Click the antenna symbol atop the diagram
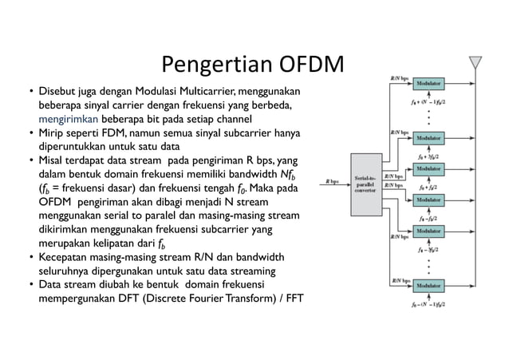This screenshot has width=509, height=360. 476,63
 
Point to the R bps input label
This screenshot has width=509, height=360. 332,180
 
